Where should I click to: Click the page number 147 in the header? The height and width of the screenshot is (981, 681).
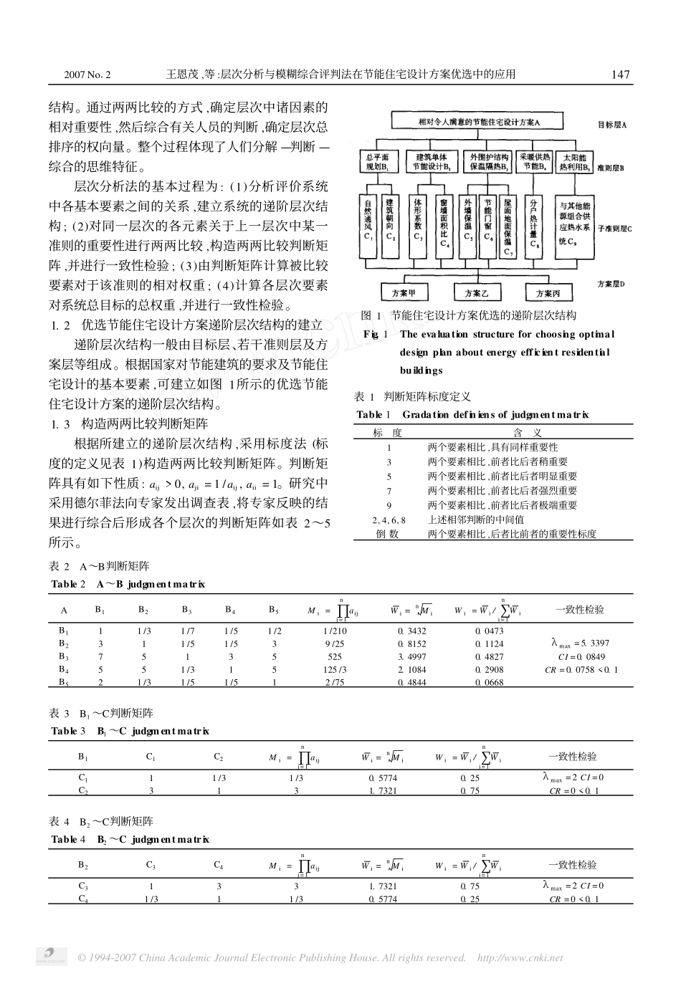[620, 75]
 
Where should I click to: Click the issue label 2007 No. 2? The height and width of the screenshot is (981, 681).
[87, 75]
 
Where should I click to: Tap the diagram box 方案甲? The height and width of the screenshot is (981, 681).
[403, 292]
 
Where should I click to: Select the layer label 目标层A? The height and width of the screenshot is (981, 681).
[612, 124]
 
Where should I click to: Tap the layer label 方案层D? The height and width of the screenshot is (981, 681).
[611, 284]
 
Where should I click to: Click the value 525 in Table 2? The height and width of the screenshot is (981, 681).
[335, 656]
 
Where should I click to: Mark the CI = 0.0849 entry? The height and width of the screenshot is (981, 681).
[581, 656]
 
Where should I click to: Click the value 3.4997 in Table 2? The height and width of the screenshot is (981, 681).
[412, 656]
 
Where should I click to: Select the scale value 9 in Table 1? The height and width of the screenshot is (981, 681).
[389, 504]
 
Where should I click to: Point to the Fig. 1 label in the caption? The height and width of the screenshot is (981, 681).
[376, 334]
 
